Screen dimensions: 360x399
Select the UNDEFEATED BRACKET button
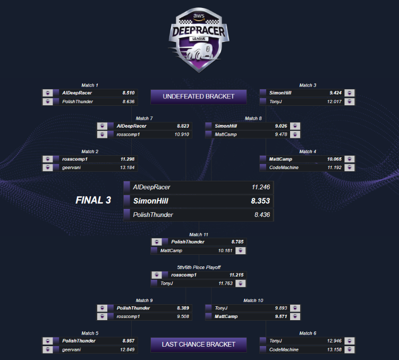(199, 97)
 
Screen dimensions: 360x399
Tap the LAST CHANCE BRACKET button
(199, 344)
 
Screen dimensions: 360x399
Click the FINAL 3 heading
(93, 200)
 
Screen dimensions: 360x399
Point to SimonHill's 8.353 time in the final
(260, 201)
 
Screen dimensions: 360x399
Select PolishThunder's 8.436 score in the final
(261, 215)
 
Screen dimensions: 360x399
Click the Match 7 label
(144, 119)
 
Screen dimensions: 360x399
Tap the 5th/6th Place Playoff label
(199, 267)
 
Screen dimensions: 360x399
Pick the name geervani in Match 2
(72, 168)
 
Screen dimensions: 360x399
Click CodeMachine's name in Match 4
(284, 168)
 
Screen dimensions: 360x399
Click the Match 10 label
(252, 300)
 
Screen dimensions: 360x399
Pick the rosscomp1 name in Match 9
(128, 316)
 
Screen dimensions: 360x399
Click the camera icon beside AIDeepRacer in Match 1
(47, 93)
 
